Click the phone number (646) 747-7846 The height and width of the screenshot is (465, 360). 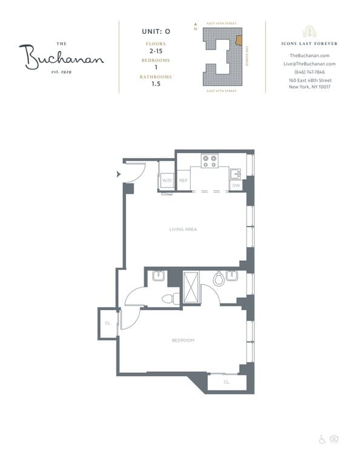[x=310, y=71]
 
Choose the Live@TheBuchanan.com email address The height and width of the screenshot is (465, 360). [x=310, y=64]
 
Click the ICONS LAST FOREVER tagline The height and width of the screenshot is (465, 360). [x=310, y=44]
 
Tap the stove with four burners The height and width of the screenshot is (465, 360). [x=210, y=161]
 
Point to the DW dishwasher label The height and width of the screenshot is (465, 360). [x=236, y=185]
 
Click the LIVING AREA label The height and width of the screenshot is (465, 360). [x=183, y=229]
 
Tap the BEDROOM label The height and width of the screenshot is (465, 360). [x=183, y=340]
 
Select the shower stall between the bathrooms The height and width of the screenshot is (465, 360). [x=192, y=287]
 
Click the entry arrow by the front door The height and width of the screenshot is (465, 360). [x=118, y=176]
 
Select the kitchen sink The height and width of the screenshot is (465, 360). [x=235, y=174]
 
